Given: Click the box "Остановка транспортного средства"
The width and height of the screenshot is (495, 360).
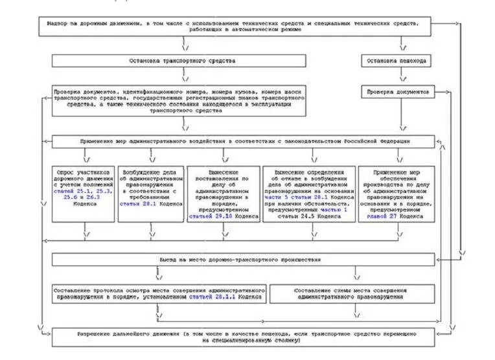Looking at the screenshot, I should click(187, 61).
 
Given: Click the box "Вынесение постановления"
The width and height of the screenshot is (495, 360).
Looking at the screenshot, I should click(224, 194).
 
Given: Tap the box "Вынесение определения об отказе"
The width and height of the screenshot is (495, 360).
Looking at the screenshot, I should click(310, 194).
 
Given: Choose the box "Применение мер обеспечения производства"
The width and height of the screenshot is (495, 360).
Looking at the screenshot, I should click(397, 194).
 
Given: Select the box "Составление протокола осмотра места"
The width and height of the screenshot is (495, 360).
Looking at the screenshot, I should click(159, 294).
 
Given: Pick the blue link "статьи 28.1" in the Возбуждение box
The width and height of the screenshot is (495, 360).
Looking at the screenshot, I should click(139, 203).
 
